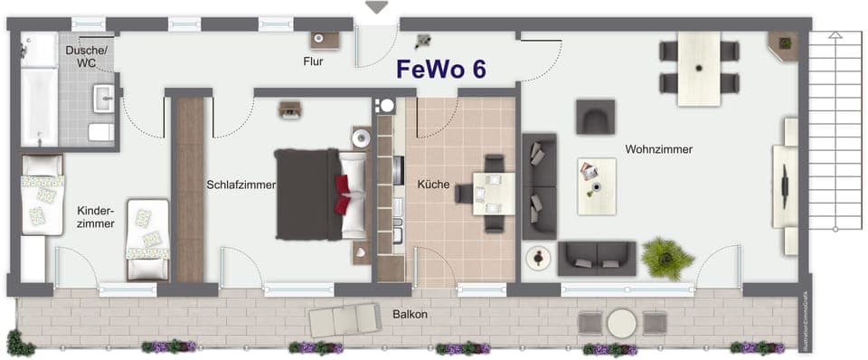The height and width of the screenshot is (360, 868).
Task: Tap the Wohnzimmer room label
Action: (658, 149)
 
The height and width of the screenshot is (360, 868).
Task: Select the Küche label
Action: (433, 184)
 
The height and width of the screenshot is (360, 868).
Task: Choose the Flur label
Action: (313, 62)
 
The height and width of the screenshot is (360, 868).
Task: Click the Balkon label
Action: (410, 315)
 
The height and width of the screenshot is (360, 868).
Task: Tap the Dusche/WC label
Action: (86, 58)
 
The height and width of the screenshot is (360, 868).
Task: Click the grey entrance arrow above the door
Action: (376, 7)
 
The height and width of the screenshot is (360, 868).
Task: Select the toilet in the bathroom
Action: (101, 132)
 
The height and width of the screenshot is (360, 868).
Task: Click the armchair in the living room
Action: (595, 116)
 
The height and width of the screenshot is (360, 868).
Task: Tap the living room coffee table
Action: (596, 185)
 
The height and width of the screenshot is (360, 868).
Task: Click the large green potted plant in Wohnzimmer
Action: (667, 258)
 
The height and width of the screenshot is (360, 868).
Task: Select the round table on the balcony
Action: (621, 323)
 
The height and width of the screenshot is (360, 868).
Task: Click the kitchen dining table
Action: (494, 193)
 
